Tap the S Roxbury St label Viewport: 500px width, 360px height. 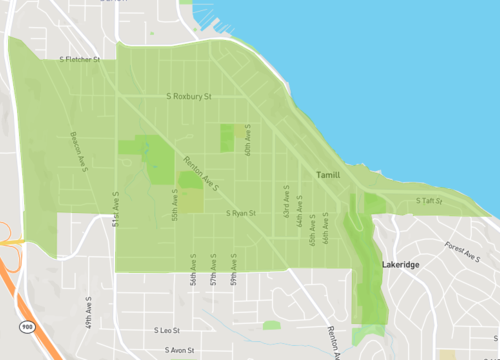point(190,97)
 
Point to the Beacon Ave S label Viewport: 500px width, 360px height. point(77,150)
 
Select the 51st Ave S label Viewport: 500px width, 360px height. point(116,205)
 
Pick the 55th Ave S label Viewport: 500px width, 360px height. point(175,207)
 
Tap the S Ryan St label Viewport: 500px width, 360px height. point(241,213)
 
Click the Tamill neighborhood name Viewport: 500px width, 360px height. point(328,175)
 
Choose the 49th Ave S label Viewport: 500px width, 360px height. point(88,312)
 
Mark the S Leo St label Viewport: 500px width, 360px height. point(166,330)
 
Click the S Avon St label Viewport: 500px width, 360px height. point(181,351)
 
